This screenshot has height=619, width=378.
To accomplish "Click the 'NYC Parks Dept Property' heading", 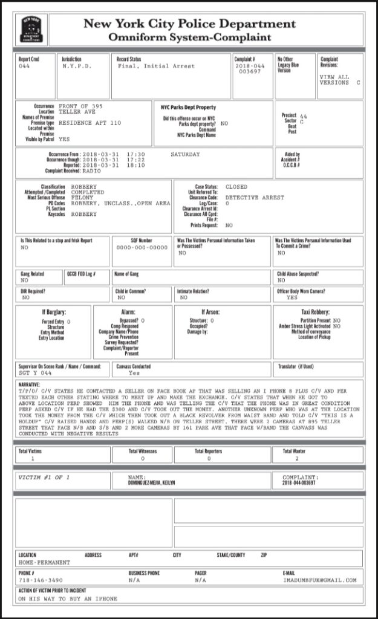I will pos(188,107).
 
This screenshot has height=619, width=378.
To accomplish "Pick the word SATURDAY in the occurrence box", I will pos(185,154).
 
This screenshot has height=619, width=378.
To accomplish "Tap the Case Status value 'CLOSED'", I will pos(236,187).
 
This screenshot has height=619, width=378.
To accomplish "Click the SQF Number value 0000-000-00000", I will pos(142,247).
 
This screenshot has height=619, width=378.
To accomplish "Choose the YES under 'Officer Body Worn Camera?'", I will pos(292,297).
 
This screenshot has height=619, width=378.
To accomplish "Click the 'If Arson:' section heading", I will pos(210,312).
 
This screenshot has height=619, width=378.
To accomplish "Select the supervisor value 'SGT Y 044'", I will pos(34,373).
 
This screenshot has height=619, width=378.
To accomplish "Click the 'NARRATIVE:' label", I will pos(34,383).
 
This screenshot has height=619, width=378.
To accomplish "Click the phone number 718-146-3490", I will pos(41,579).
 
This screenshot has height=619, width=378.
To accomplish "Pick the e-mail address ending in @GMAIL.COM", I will pos(319,579).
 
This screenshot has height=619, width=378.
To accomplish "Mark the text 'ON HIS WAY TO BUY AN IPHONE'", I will pos(68,598).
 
